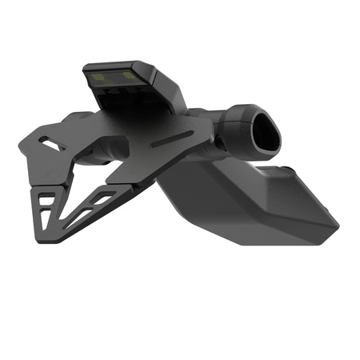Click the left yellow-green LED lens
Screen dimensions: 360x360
101,78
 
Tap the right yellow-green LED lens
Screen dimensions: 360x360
126,77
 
